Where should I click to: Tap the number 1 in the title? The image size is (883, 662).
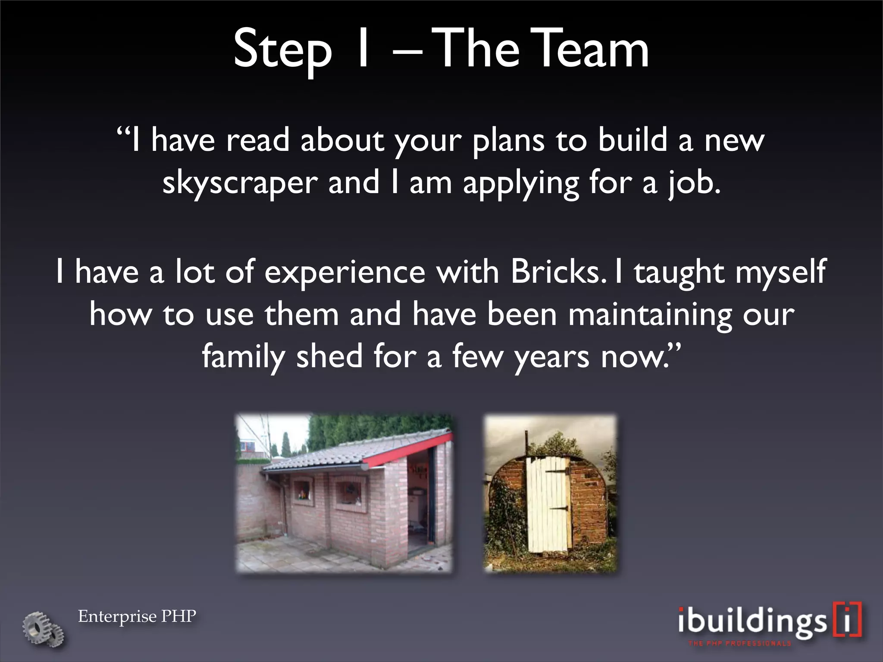362,49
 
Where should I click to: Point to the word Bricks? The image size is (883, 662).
555,272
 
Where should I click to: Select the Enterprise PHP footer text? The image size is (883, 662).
137,616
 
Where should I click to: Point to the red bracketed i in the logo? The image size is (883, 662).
847,620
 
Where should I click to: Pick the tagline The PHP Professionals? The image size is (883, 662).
739,643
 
